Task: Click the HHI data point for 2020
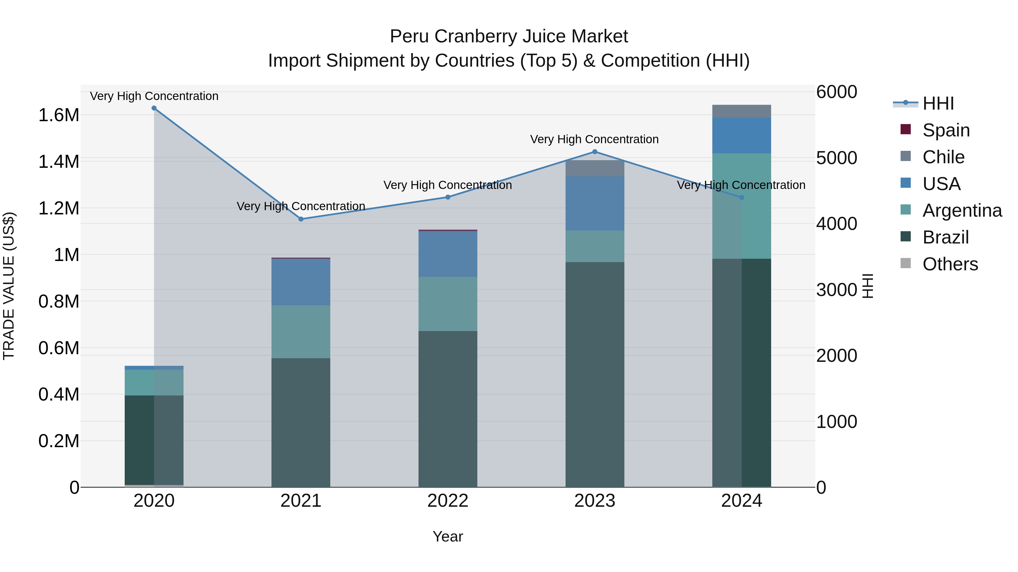tap(154, 108)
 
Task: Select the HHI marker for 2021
tap(301, 219)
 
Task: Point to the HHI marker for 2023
tap(595, 152)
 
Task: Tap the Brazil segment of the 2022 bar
tap(448, 408)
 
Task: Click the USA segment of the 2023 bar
tap(595, 203)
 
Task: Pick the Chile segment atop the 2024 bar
tap(741, 111)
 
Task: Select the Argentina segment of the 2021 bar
tap(301, 332)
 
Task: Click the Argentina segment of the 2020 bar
tap(154, 382)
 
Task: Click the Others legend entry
tap(950, 264)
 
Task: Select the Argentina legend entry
tap(962, 210)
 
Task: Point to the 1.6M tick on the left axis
tap(59, 115)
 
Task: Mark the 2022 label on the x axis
tap(448, 501)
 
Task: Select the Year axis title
tap(448, 536)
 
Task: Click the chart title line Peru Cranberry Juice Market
tap(509, 36)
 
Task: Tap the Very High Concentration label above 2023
tap(594, 139)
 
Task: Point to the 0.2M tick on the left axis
tap(59, 441)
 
